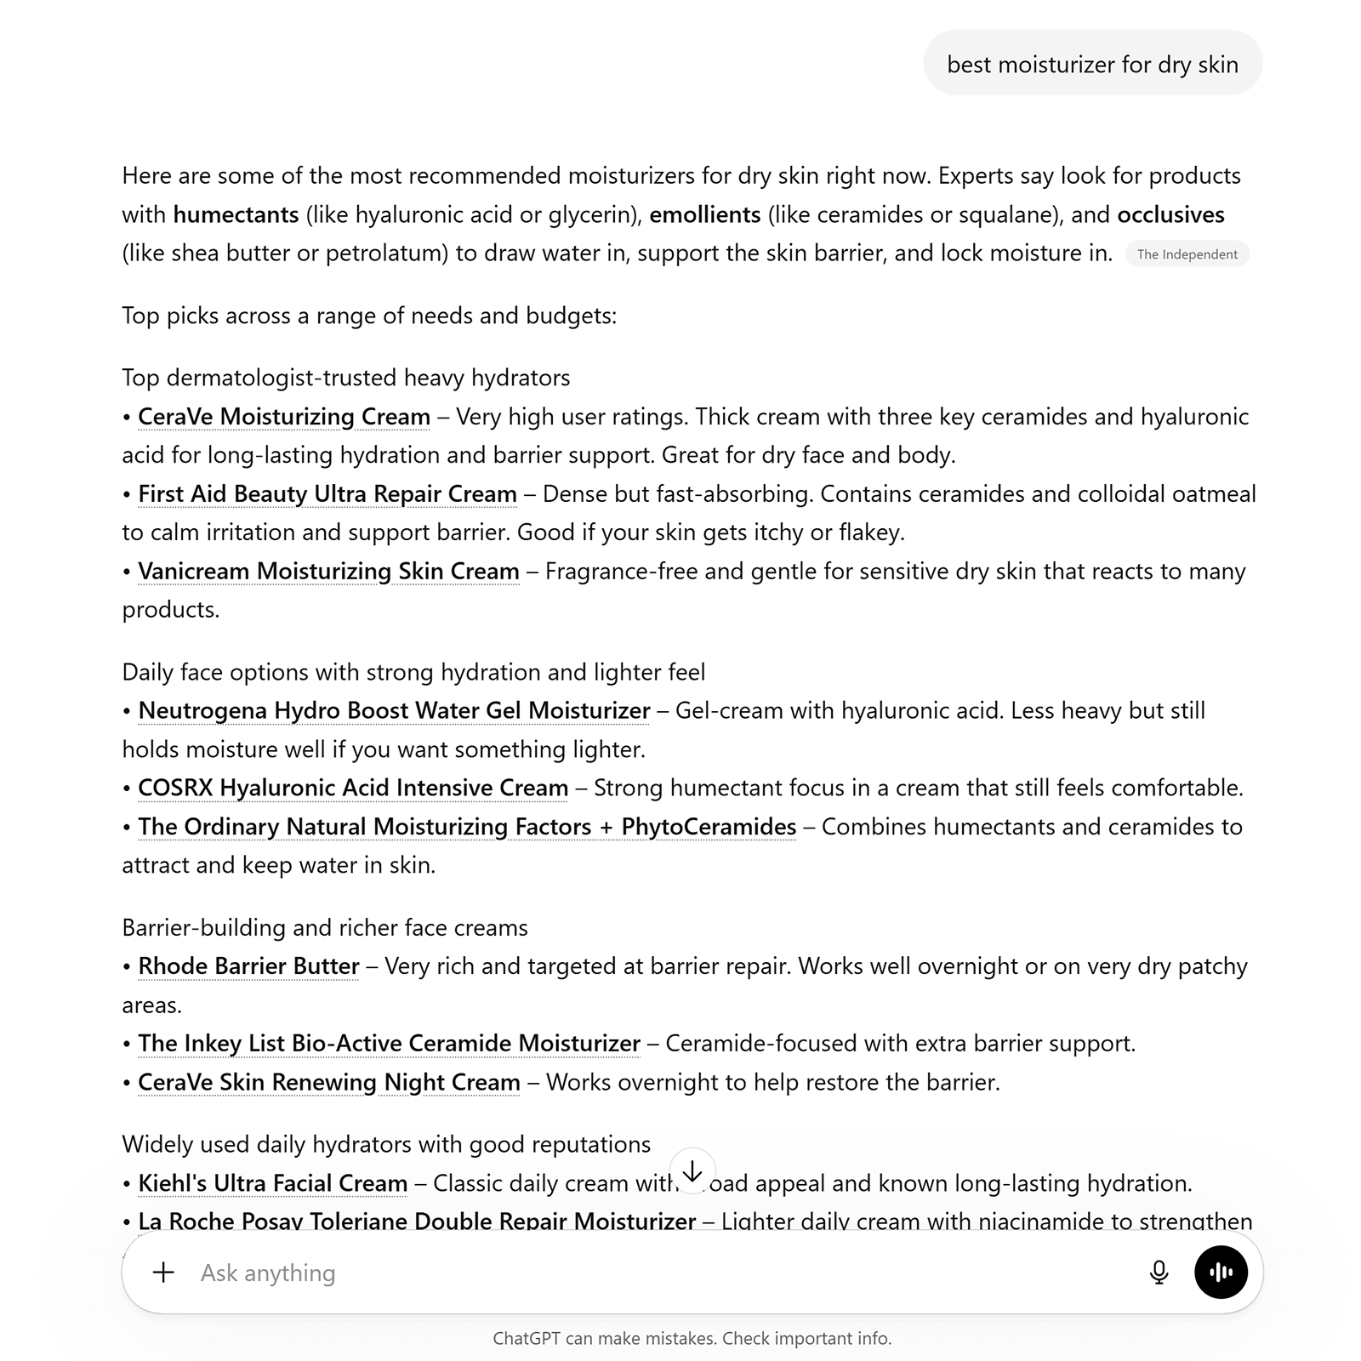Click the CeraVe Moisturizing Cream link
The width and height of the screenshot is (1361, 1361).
point(284,417)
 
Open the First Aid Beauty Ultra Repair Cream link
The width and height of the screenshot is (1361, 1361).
point(327,494)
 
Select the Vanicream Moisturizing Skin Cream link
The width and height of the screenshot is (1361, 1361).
point(328,572)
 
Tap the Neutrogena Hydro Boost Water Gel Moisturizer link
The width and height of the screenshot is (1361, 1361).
point(394,711)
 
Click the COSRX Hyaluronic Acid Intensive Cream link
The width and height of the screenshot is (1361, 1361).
point(353,789)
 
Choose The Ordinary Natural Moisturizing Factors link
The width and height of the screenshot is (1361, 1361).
point(467,827)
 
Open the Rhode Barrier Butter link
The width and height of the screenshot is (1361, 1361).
point(248,966)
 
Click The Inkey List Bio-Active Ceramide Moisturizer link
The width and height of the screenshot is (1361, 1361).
point(389,1044)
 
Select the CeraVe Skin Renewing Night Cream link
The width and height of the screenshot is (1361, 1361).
point(328,1083)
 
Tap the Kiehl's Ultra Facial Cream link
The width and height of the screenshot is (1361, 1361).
point(272,1183)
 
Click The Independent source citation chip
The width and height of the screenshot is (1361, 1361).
point(1187,254)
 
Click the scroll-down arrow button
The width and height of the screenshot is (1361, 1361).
point(692,1171)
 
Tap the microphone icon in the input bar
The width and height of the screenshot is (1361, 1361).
point(1159,1273)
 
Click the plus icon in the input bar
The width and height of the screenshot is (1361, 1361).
point(163,1273)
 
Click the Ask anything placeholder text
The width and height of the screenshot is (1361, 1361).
point(268,1273)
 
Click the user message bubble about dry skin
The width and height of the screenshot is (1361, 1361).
point(1092,64)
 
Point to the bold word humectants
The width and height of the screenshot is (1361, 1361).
point(236,215)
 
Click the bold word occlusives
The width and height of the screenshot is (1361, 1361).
point(1170,215)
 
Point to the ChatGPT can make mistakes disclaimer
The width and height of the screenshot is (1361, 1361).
point(692,1339)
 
